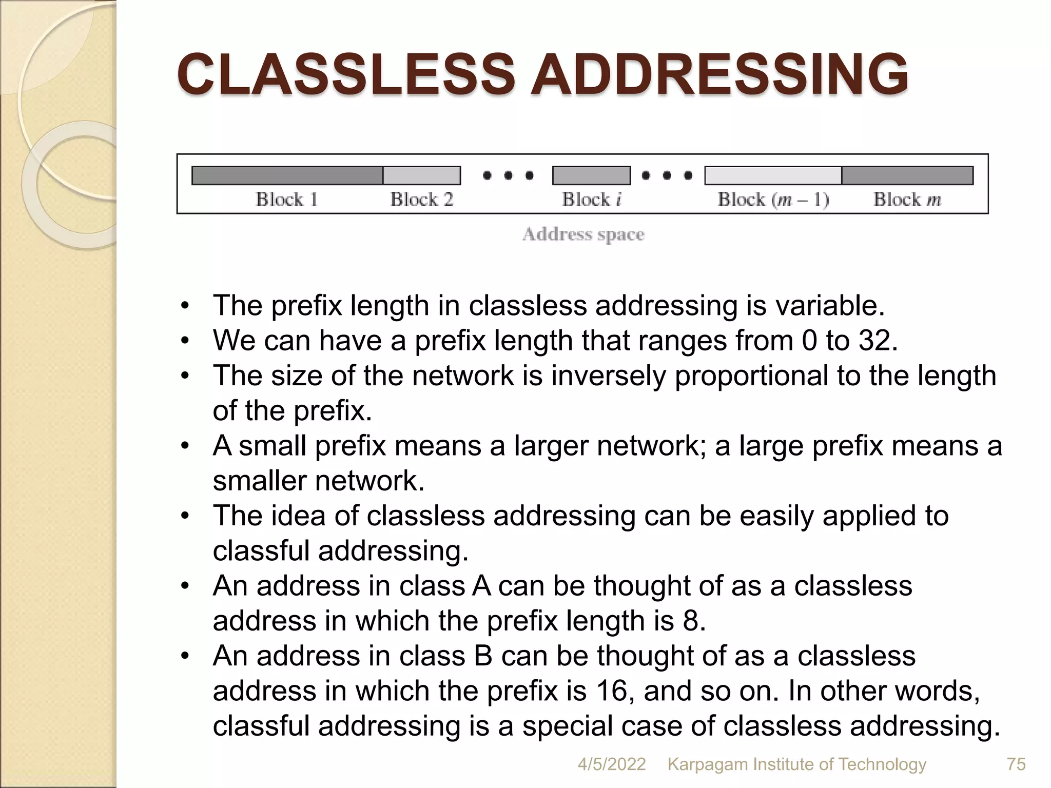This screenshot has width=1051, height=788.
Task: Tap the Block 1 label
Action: coord(287,199)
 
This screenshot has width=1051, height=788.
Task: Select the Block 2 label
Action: coord(422,199)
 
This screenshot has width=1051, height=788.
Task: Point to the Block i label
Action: coord(592,199)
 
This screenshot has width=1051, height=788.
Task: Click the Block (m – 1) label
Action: coord(773,199)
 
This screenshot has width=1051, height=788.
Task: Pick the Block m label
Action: coord(907,199)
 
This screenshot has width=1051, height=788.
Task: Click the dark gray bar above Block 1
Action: coord(287,175)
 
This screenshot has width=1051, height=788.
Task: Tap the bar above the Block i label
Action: coord(591,175)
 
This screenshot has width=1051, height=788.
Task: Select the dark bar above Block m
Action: coord(907,175)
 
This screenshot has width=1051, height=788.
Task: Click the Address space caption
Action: coord(583,234)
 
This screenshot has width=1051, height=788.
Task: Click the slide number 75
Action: coord(1016,764)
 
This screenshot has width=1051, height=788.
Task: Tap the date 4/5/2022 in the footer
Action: coord(612,764)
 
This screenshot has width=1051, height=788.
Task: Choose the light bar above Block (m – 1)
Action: coord(773,175)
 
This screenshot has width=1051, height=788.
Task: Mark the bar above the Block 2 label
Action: coord(422,175)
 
